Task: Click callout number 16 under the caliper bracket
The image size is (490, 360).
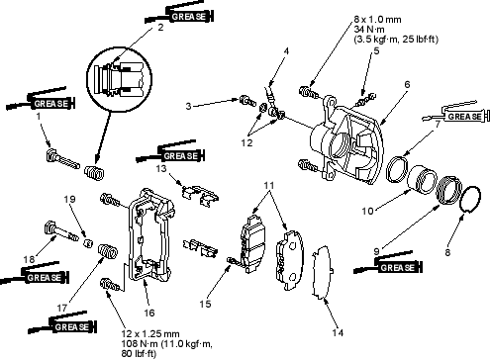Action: (x=149, y=313)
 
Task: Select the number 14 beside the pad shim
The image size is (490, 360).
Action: (x=338, y=332)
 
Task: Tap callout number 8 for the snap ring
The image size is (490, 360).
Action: (x=447, y=252)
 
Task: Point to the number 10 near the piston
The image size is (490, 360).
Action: (x=367, y=211)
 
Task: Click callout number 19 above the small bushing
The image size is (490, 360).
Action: (x=70, y=199)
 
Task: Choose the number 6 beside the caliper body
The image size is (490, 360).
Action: (x=407, y=84)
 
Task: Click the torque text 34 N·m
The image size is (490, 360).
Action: (x=369, y=30)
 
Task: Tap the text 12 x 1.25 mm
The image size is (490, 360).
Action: (x=150, y=334)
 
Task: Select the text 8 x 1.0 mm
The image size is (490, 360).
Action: (x=378, y=20)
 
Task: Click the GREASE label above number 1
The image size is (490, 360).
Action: (x=51, y=104)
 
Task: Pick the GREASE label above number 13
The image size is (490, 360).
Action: (x=180, y=155)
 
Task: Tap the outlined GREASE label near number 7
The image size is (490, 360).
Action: (x=464, y=117)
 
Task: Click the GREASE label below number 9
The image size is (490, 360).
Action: (x=398, y=267)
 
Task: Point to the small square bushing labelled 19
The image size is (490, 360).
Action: (x=87, y=243)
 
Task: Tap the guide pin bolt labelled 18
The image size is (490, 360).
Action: (x=59, y=231)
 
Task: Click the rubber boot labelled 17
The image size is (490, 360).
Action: (x=108, y=252)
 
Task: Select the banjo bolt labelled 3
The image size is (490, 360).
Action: (x=246, y=100)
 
